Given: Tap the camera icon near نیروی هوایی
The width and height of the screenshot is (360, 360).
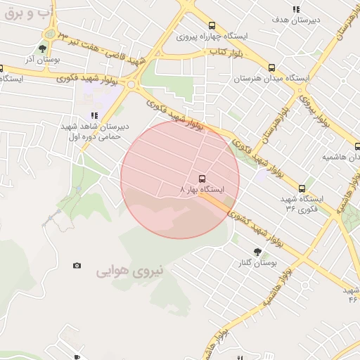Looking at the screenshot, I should pos(77,265).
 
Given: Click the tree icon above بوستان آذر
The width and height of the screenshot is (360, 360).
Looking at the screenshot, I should pos(43,49).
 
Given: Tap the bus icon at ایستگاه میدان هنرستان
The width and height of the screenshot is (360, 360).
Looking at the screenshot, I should pos(271,69).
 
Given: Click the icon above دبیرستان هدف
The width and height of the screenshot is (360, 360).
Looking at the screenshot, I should pos(296,9).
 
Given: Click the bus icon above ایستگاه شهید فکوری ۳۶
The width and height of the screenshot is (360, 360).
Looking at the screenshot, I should pos(302,188).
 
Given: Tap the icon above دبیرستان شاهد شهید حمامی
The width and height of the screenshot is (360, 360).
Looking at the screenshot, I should pos(94,115).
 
